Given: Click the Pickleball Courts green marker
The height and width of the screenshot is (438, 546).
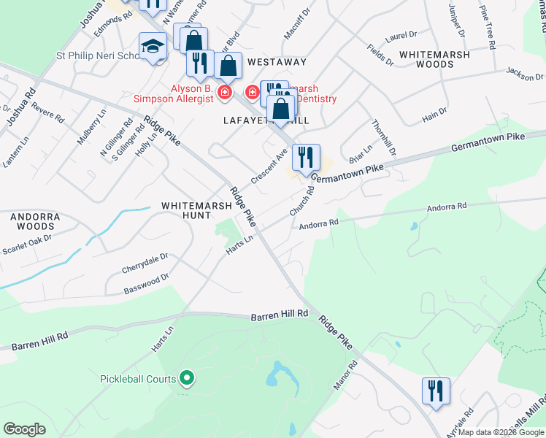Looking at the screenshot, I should pyautogui.click(x=187, y=378).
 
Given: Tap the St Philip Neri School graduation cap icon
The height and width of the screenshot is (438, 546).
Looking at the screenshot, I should pyautogui.click(x=153, y=47).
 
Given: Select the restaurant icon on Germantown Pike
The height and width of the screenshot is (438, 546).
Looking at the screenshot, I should pyautogui.click(x=306, y=157).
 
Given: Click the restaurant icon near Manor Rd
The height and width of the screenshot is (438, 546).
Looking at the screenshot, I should pyautogui.click(x=436, y=391).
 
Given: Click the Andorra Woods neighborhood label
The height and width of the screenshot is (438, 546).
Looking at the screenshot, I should pyautogui.click(x=33, y=222).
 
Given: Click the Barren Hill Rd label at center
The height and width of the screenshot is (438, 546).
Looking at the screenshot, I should pyautogui.click(x=280, y=315).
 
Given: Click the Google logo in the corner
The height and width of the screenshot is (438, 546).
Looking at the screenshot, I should pyautogui.click(x=24, y=429).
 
